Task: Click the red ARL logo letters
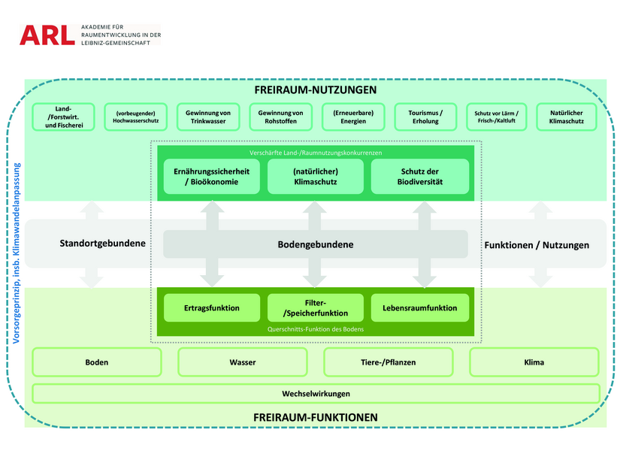click(x=47, y=35)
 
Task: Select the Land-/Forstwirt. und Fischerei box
click(x=63, y=116)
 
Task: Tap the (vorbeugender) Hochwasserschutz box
click(x=135, y=116)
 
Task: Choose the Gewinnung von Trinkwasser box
click(x=208, y=116)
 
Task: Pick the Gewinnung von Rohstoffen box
click(x=281, y=116)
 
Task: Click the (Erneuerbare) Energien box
click(x=353, y=116)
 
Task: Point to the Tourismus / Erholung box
click(x=425, y=116)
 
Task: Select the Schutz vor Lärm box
click(x=497, y=116)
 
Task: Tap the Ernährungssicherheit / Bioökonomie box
click(x=211, y=177)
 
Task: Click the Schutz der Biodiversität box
click(x=420, y=177)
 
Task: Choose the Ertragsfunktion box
click(x=212, y=307)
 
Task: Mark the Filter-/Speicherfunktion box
click(x=316, y=307)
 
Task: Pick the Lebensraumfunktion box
click(x=420, y=307)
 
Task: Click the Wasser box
click(x=243, y=362)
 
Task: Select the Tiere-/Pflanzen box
click(x=389, y=362)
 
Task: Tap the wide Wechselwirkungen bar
click(x=316, y=394)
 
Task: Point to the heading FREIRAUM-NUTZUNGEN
click(x=316, y=89)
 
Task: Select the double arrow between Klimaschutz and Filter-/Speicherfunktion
click(x=315, y=244)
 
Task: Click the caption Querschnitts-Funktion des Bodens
click(x=316, y=329)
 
